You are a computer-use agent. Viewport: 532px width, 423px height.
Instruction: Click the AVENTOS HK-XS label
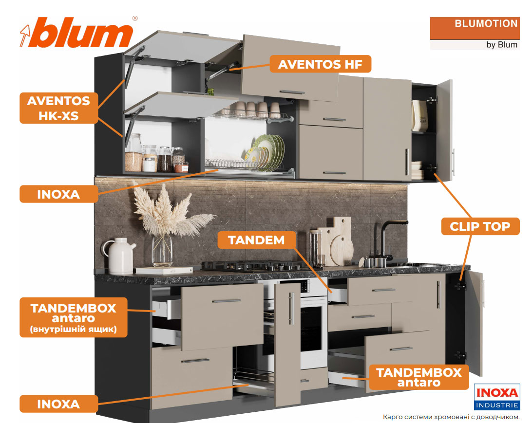pyautogui.click(x=58, y=108)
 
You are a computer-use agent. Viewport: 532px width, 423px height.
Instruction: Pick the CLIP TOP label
pyautogui.click(x=480, y=226)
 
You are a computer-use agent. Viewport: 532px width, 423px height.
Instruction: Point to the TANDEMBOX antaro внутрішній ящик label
pyautogui.click(x=73, y=317)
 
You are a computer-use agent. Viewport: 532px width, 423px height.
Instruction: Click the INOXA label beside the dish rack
pyautogui.click(x=58, y=194)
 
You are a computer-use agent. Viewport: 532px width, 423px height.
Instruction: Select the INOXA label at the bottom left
pyautogui.click(x=58, y=404)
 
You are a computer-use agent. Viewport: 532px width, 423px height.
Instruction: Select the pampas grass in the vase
pyautogui.click(x=161, y=214)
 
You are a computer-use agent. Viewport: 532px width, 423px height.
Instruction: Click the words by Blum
pyautogui.click(x=501, y=45)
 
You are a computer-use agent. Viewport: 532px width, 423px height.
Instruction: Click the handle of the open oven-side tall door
pyautogui.click(x=291, y=309)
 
